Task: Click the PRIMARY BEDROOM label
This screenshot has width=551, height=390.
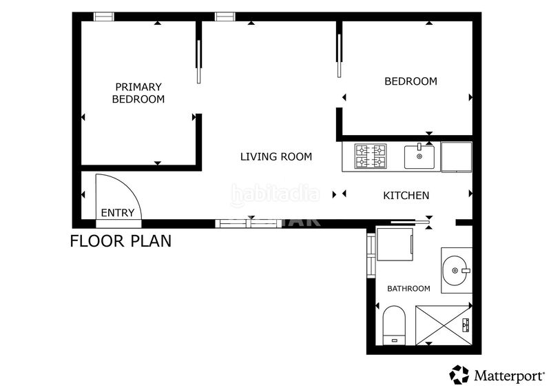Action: coord(138,93)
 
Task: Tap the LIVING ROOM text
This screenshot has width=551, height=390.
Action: coord(276,157)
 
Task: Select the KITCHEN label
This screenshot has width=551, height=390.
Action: coord(406,196)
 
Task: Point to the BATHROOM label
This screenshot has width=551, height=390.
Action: coord(408,289)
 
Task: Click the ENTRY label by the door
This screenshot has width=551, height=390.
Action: coord(117,213)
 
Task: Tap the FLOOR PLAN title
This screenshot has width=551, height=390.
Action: coord(121,241)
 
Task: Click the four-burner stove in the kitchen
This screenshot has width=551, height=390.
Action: coord(371,156)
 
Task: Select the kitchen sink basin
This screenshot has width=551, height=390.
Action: coord(419,157)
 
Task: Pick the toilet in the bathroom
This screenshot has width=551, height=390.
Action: coord(394,325)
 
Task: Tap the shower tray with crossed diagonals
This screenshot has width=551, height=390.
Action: coord(444,326)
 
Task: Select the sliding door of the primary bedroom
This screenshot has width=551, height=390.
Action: coord(198,61)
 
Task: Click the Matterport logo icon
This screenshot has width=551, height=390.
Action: coord(459,375)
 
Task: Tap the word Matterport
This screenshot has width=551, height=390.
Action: coord(508,376)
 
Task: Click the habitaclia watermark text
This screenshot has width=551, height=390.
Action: coord(275,195)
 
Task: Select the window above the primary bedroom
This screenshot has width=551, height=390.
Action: coord(104,17)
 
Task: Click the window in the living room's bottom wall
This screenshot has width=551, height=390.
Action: coord(248,224)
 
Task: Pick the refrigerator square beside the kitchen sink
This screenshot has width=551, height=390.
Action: coord(457,157)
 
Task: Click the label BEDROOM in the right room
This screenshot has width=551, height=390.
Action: coord(410,81)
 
